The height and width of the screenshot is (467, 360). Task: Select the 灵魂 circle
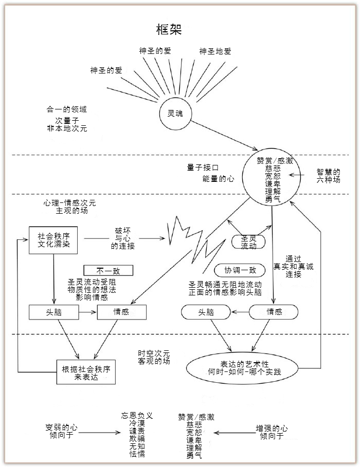[175, 114]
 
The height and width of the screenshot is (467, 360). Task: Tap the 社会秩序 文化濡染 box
[53, 240]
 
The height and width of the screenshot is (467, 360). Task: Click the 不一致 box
[108, 270]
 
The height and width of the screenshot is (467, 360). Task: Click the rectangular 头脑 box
[54, 312]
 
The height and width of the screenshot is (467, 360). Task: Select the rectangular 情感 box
[121, 312]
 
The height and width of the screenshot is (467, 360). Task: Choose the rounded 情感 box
[273, 312]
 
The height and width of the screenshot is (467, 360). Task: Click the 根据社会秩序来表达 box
[85, 373]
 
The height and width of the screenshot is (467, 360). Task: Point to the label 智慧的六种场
[328, 176]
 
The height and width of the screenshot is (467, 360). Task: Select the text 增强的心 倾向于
[272, 432]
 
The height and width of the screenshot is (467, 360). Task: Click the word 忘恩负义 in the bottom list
[137, 415]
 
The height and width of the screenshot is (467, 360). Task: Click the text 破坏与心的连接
[123, 239]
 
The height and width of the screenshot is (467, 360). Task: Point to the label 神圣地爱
[215, 51]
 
